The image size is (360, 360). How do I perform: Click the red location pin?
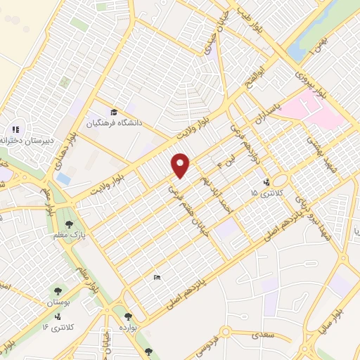pos(181,165)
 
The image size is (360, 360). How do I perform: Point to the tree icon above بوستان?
pos(58,290)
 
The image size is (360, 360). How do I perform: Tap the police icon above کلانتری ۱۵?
pos(266,182)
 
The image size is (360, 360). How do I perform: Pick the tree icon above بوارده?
pos(128,317)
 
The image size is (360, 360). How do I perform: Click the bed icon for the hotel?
pos(157,278)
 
